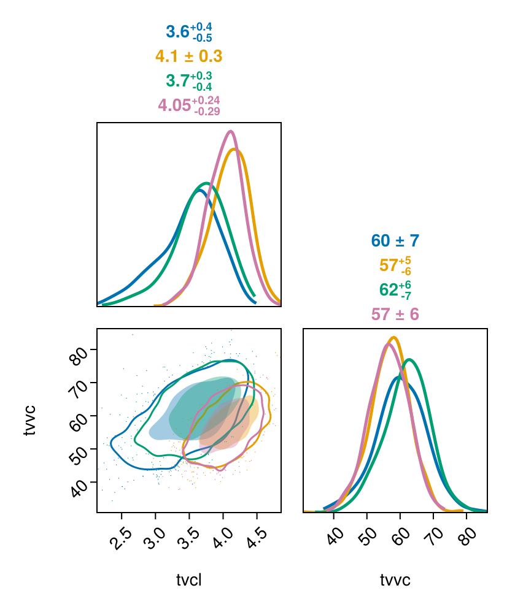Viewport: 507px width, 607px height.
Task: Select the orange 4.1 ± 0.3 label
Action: click(x=188, y=56)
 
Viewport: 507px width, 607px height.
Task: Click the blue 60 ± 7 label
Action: click(x=395, y=241)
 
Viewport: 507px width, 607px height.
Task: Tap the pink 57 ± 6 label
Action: click(x=395, y=315)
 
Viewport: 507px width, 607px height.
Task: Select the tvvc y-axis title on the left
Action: click(x=29, y=420)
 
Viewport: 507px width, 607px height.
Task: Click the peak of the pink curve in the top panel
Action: click(x=231, y=131)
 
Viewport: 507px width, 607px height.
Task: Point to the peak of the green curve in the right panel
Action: click(x=409, y=359)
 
